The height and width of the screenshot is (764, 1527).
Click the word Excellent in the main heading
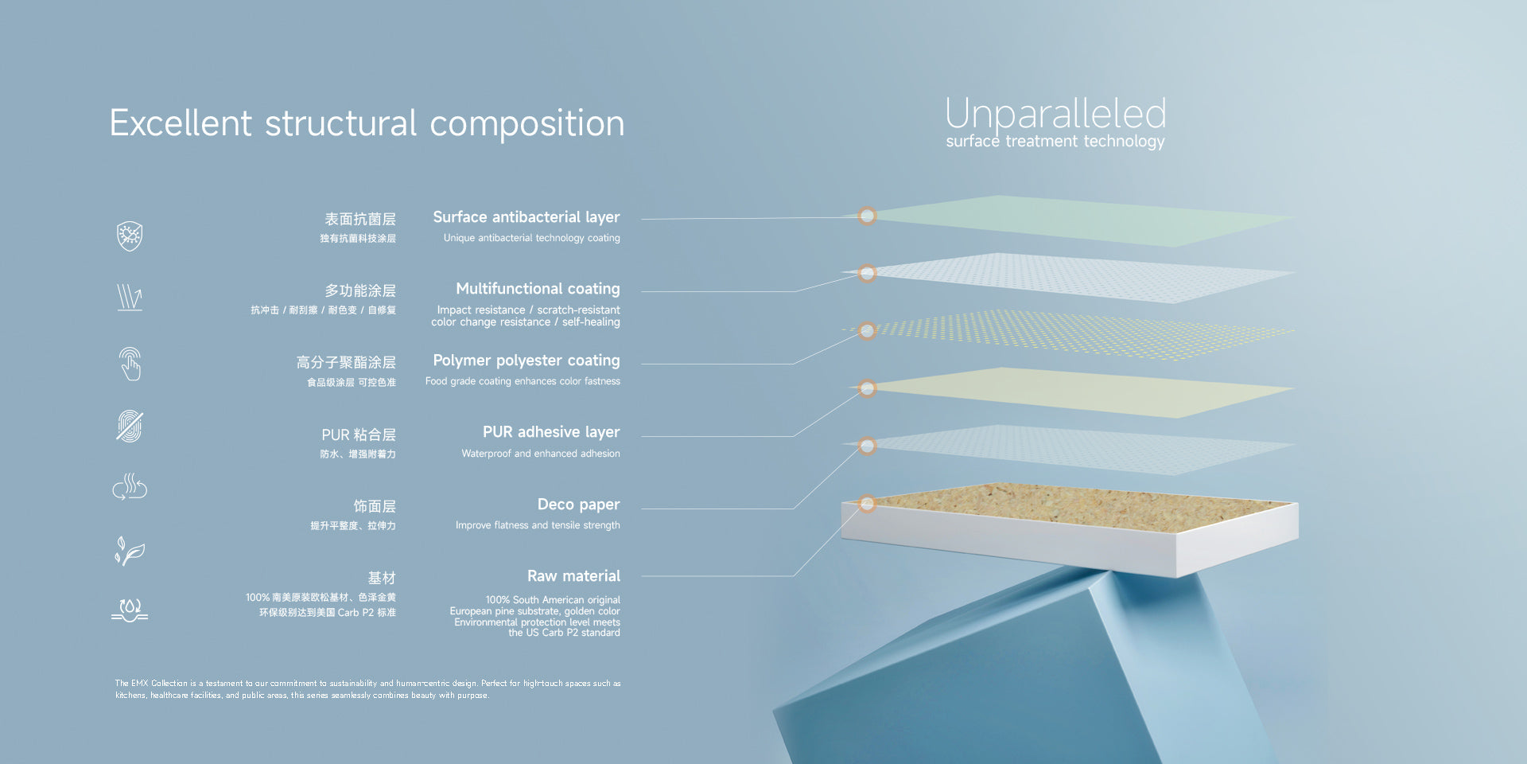coord(181,123)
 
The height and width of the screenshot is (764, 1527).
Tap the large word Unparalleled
coord(1055,115)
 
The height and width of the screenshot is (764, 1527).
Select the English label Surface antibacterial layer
coord(526,217)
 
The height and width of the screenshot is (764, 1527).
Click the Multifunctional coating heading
coord(538,289)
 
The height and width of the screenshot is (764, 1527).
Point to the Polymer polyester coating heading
coord(526,361)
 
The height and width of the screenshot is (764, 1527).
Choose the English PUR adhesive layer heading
coord(551,432)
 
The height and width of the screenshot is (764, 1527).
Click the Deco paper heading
coord(578,505)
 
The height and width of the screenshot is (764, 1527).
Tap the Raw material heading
coord(573,576)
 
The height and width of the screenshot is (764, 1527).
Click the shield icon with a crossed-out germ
coord(130,236)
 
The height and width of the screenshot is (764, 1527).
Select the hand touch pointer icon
coord(130,364)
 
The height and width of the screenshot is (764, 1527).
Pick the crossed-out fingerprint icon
coord(130,426)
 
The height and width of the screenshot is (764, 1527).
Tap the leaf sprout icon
coord(130,551)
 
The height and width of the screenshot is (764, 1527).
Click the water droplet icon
coord(130,610)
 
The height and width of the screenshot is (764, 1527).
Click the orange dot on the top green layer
coord(867,216)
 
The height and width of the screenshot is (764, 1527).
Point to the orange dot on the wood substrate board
coord(867,503)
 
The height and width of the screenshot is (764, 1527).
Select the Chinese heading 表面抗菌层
coord(359,219)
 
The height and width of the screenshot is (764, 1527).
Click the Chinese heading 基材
coord(382,578)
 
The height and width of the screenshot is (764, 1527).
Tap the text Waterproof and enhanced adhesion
coord(541,454)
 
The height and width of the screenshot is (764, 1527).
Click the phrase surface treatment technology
coord(1055,142)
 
